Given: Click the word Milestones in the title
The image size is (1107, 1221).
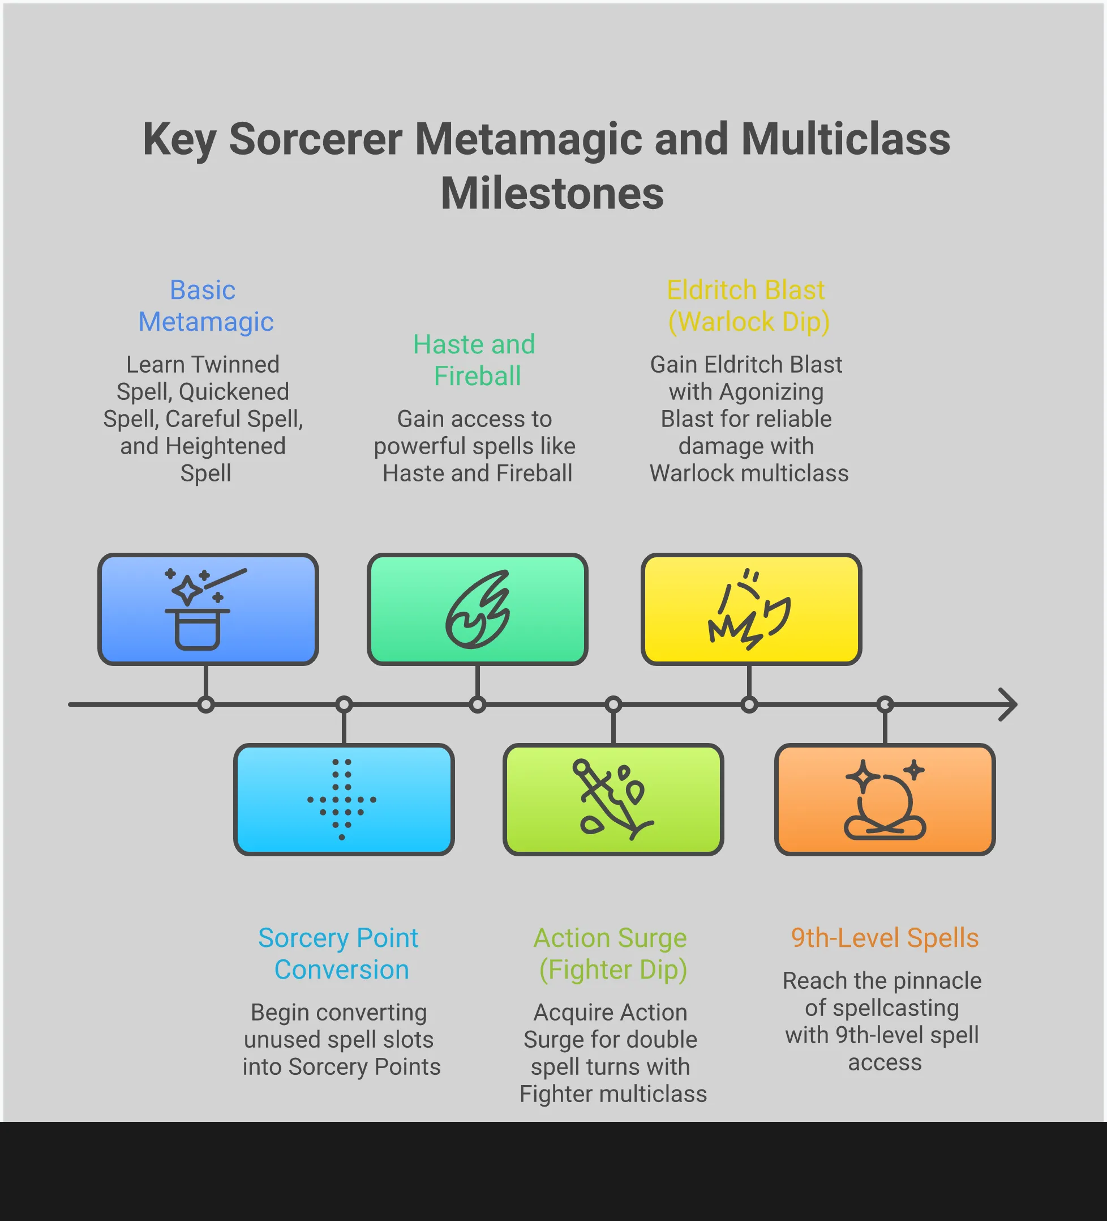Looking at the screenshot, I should coord(552,194).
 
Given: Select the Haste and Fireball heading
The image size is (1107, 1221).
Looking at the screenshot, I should coord(476,360).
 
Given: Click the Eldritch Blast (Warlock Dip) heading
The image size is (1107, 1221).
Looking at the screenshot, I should coord(748,306).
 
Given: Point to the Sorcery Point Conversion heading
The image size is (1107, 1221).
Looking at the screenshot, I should coord(339,953).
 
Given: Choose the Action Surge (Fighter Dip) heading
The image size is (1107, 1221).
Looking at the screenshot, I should coord(611,953).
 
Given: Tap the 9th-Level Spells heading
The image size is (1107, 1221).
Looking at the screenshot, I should coord(884,938).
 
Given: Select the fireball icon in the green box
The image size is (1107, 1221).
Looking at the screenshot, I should coord(478,609).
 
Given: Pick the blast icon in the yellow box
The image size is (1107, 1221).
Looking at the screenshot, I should coord(749,609).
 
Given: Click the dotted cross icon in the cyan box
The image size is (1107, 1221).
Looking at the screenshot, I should coord(342,800).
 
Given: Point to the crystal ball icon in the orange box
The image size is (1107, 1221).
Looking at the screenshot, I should coord(885,800).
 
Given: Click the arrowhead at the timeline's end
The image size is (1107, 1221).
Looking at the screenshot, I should coord(1009,705).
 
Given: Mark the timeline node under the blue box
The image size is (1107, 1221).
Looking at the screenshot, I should coord(206,705).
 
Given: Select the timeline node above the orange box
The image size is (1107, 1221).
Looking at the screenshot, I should coord(885,705).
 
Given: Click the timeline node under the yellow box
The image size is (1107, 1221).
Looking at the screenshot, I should coord(749,705).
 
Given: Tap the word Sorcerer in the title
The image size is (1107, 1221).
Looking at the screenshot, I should coord(315,139).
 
